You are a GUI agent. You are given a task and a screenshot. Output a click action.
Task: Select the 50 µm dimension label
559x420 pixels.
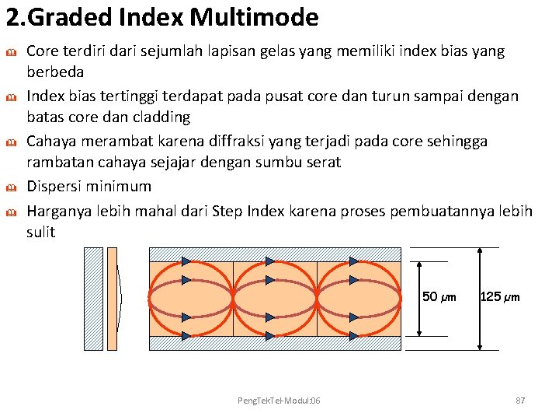click(439, 297)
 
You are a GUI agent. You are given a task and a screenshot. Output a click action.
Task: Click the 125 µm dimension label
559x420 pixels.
click(500, 297)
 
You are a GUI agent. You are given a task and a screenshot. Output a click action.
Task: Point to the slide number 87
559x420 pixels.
click(520, 400)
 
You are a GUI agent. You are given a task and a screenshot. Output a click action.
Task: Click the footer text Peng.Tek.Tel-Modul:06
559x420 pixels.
click(279, 400)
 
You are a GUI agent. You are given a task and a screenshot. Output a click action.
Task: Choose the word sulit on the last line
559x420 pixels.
click(41, 233)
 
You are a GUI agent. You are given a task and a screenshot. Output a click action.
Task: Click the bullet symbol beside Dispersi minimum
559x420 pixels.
click(12, 187)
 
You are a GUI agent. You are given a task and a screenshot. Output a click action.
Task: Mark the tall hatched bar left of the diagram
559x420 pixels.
click(93, 299)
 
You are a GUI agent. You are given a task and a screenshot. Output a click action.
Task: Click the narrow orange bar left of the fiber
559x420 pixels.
click(112, 299)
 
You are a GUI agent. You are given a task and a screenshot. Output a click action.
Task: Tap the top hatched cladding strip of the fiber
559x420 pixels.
click(275, 254)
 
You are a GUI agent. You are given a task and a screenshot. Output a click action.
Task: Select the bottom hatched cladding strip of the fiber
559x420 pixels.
click(275, 343)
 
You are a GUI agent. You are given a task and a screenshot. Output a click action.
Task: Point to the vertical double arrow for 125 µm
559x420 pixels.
click(481, 299)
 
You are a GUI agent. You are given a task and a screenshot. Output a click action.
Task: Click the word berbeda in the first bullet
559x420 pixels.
click(55, 72)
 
